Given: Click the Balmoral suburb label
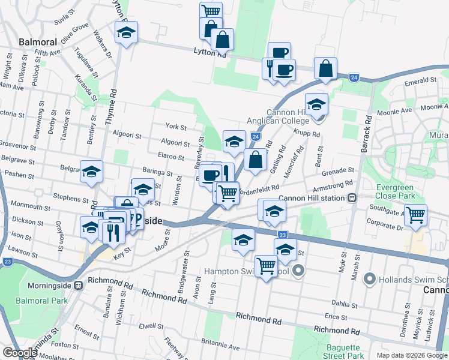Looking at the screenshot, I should coord(38,42).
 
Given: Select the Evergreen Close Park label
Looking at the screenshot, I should coord(396,191).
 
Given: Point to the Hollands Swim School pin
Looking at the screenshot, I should coord(370,279).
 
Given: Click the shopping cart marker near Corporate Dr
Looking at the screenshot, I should coord(415,214).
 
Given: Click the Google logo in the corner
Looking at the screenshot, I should coord(20,352).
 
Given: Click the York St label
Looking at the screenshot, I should coord(176,127).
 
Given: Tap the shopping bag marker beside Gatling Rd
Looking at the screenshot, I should coord(256,160).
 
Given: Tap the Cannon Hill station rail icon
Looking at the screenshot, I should coord(352,197).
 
